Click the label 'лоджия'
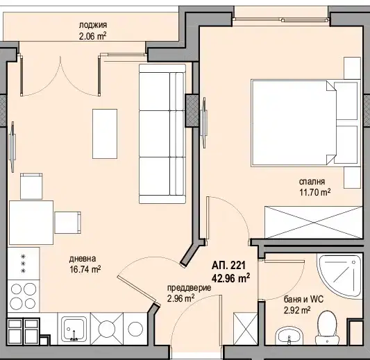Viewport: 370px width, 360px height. tap(93, 25)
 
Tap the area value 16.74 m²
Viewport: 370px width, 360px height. tap(85, 269)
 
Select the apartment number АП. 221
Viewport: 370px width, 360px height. tap(228, 266)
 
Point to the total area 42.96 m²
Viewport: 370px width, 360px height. tap(230, 278)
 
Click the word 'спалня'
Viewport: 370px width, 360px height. tap(312, 182)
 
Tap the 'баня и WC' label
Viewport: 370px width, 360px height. tap(303, 300)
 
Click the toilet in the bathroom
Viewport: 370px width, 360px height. tap(327, 327)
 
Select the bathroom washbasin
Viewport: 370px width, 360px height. tap(289, 336)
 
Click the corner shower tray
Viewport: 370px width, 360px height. tap(339, 277)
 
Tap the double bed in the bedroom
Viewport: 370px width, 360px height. tap(305, 123)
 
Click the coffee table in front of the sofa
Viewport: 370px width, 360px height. tap(105, 134)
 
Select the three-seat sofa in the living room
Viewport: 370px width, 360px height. tap(162, 134)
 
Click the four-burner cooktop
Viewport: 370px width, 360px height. tap(24, 296)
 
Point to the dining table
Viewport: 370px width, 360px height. tap(31, 223)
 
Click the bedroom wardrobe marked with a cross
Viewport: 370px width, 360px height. tap(313, 223)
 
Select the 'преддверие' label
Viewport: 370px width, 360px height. tap(190, 288)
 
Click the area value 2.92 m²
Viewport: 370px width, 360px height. tap(297, 310)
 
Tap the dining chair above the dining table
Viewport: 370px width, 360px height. tap(31, 187)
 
